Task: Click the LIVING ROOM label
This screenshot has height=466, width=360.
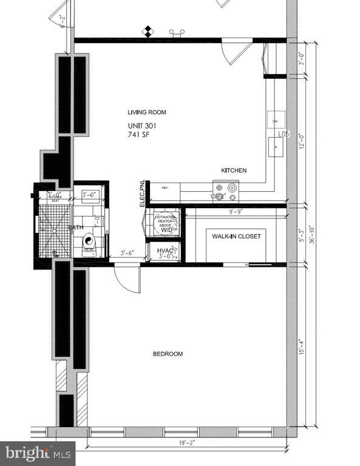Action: click(146, 112)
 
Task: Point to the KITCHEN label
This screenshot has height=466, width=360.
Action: click(234, 171)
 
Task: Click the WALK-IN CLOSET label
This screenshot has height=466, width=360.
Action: click(236, 236)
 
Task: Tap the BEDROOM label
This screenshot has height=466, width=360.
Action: click(167, 354)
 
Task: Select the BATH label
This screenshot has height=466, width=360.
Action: click(76, 228)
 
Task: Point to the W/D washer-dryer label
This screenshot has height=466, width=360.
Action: click(166, 230)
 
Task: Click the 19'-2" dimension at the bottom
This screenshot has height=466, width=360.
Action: click(186, 443)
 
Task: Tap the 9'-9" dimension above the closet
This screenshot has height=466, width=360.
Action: click(236, 212)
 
